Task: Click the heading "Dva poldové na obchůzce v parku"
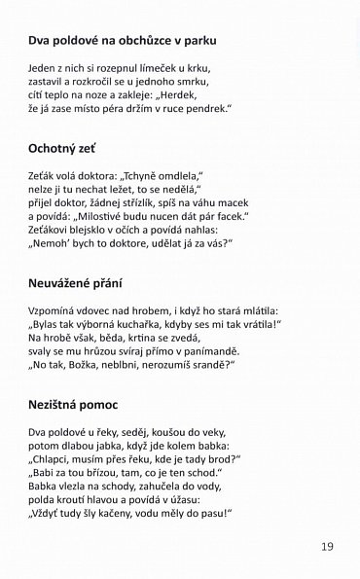point(121,41)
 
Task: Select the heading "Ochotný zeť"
point(69,150)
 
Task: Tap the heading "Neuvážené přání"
point(78,284)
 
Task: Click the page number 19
point(326,546)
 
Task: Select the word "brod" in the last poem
point(222,456)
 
